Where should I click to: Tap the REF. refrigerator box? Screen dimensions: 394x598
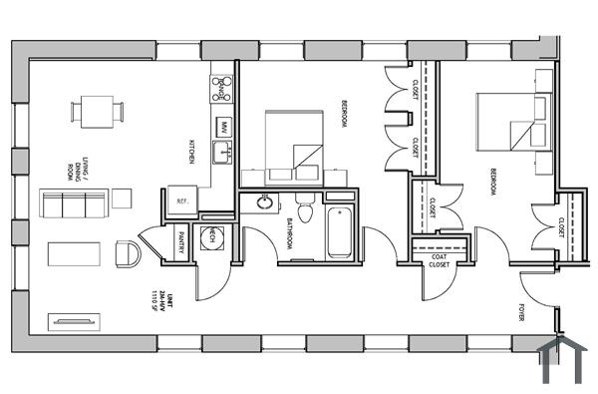[182, 199]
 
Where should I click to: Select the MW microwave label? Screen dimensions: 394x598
[224, 127]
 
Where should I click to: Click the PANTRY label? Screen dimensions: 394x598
[181, 242]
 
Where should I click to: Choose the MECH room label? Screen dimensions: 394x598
[212, 236]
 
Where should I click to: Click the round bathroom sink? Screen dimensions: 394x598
[265, 203]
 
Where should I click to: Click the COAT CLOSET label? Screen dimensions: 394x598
[439, 261]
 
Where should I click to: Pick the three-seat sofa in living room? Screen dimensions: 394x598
[73, 204]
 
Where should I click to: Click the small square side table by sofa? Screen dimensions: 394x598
[122, 197]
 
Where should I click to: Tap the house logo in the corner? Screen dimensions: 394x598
[561, 361]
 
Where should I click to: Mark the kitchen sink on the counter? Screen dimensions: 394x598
[224, 152]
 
